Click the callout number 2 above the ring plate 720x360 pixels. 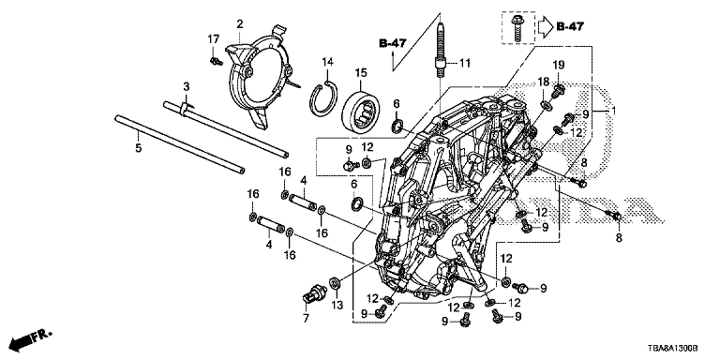(240, 23)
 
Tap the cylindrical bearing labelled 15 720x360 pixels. (360, 110)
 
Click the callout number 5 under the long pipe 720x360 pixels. (139, 148)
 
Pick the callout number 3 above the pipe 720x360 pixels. (186, 86)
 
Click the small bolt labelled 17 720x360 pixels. (216, 61)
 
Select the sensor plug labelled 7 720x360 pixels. (315, 292)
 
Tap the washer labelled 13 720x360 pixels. (335, 281)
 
